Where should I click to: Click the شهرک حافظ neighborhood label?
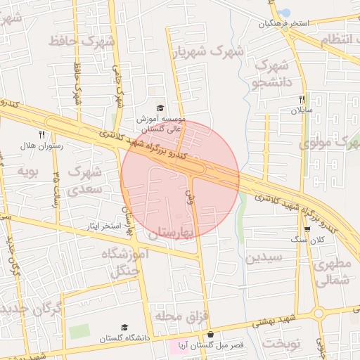click(x=82, y=41)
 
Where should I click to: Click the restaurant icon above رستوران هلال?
click(x=42, y=134)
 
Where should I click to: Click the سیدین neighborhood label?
click(x=264, y=257)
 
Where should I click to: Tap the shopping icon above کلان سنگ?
click(x=307, y=229)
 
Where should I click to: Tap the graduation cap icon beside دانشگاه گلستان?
click(x=124, y=327)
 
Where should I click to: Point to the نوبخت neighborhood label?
click(x=281, y=342)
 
